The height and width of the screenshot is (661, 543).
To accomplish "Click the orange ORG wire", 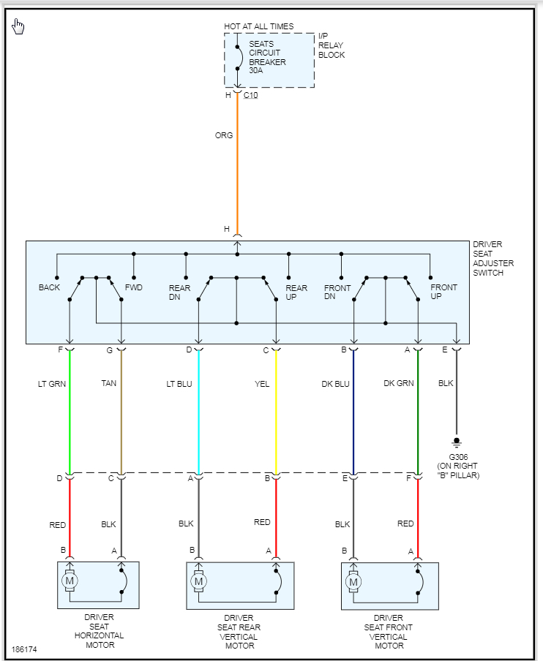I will click(237, 168).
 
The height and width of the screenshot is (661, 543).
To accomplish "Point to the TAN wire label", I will click(109, 383).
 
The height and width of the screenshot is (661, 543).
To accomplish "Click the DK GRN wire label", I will click(398, 383).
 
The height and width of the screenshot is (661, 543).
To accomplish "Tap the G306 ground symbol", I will click(457, 442).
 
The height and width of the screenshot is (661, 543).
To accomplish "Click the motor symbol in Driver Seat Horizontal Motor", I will click(70, 582).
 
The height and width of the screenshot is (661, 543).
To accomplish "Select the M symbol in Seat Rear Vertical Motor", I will click(198, 582).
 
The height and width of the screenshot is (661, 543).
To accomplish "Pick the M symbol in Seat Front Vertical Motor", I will click(353, 582).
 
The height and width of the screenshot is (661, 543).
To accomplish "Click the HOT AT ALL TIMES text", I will click(259, 26).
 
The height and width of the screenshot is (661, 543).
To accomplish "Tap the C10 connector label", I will click(250, 95).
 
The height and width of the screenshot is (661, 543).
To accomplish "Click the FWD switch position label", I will click(134, 287).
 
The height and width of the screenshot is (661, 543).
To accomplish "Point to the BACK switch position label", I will click(50, 287).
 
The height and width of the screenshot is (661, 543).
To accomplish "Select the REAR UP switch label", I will click(296, 292).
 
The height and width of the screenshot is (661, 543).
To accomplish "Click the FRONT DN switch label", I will click(337, 292).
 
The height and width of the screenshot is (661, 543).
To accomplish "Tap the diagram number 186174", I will click(23, 649).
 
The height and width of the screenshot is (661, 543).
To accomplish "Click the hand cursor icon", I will click(18, 28).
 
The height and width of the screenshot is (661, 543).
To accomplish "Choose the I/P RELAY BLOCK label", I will click(331, 45).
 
